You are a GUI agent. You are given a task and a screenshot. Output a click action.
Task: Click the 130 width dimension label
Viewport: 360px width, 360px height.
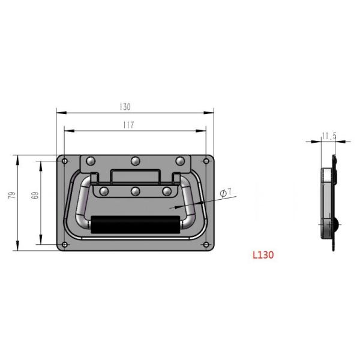(125, 107)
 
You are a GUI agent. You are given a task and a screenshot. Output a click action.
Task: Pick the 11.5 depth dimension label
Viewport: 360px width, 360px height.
(328, 136)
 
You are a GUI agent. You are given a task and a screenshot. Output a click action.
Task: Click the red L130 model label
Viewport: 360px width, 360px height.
(263, 254)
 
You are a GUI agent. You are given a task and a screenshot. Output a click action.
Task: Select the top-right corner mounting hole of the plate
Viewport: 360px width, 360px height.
(207, 161)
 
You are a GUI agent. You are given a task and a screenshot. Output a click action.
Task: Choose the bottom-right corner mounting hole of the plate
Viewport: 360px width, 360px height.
(207, 245)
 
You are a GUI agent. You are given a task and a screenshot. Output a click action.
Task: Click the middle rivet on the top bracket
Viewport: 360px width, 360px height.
(136, 161)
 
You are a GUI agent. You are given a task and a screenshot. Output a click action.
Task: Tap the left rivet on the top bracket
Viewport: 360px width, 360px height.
(91, 161)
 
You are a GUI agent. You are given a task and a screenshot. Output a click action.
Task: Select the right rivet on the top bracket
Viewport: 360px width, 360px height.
(180, 161)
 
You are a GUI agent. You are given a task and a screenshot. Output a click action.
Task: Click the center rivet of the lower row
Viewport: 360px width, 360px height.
(136, 191)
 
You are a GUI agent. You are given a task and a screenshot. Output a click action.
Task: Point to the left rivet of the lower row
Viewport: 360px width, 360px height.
(104, 191)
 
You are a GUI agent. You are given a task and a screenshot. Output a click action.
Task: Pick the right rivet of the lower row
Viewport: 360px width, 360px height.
(167, 191)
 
